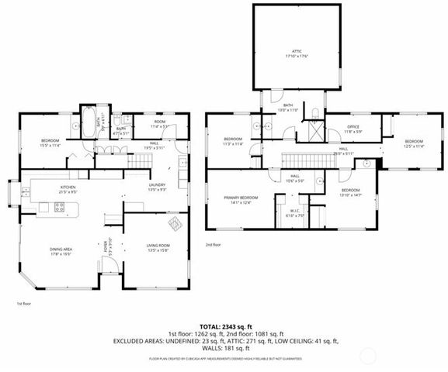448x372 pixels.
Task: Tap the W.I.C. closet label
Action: [295, 212]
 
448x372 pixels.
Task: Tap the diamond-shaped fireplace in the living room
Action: [175, 226]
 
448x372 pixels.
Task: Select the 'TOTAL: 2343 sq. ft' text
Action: [224, 326]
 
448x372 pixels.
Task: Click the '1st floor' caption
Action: [23, 303]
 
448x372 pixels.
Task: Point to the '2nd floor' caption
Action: [214, 244]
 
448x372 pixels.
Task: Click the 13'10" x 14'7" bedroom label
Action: [351, 191]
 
